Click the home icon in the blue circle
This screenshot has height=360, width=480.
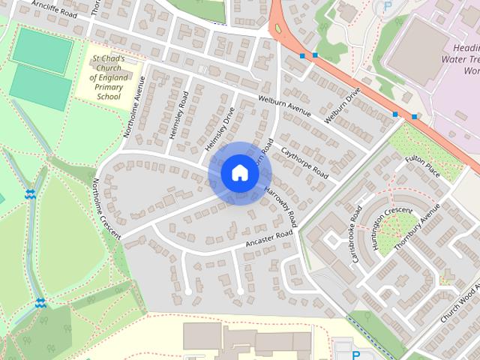pos(239,172)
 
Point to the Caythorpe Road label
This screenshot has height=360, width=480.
pos(304,161)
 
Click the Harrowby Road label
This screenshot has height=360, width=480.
pos(281,206)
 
